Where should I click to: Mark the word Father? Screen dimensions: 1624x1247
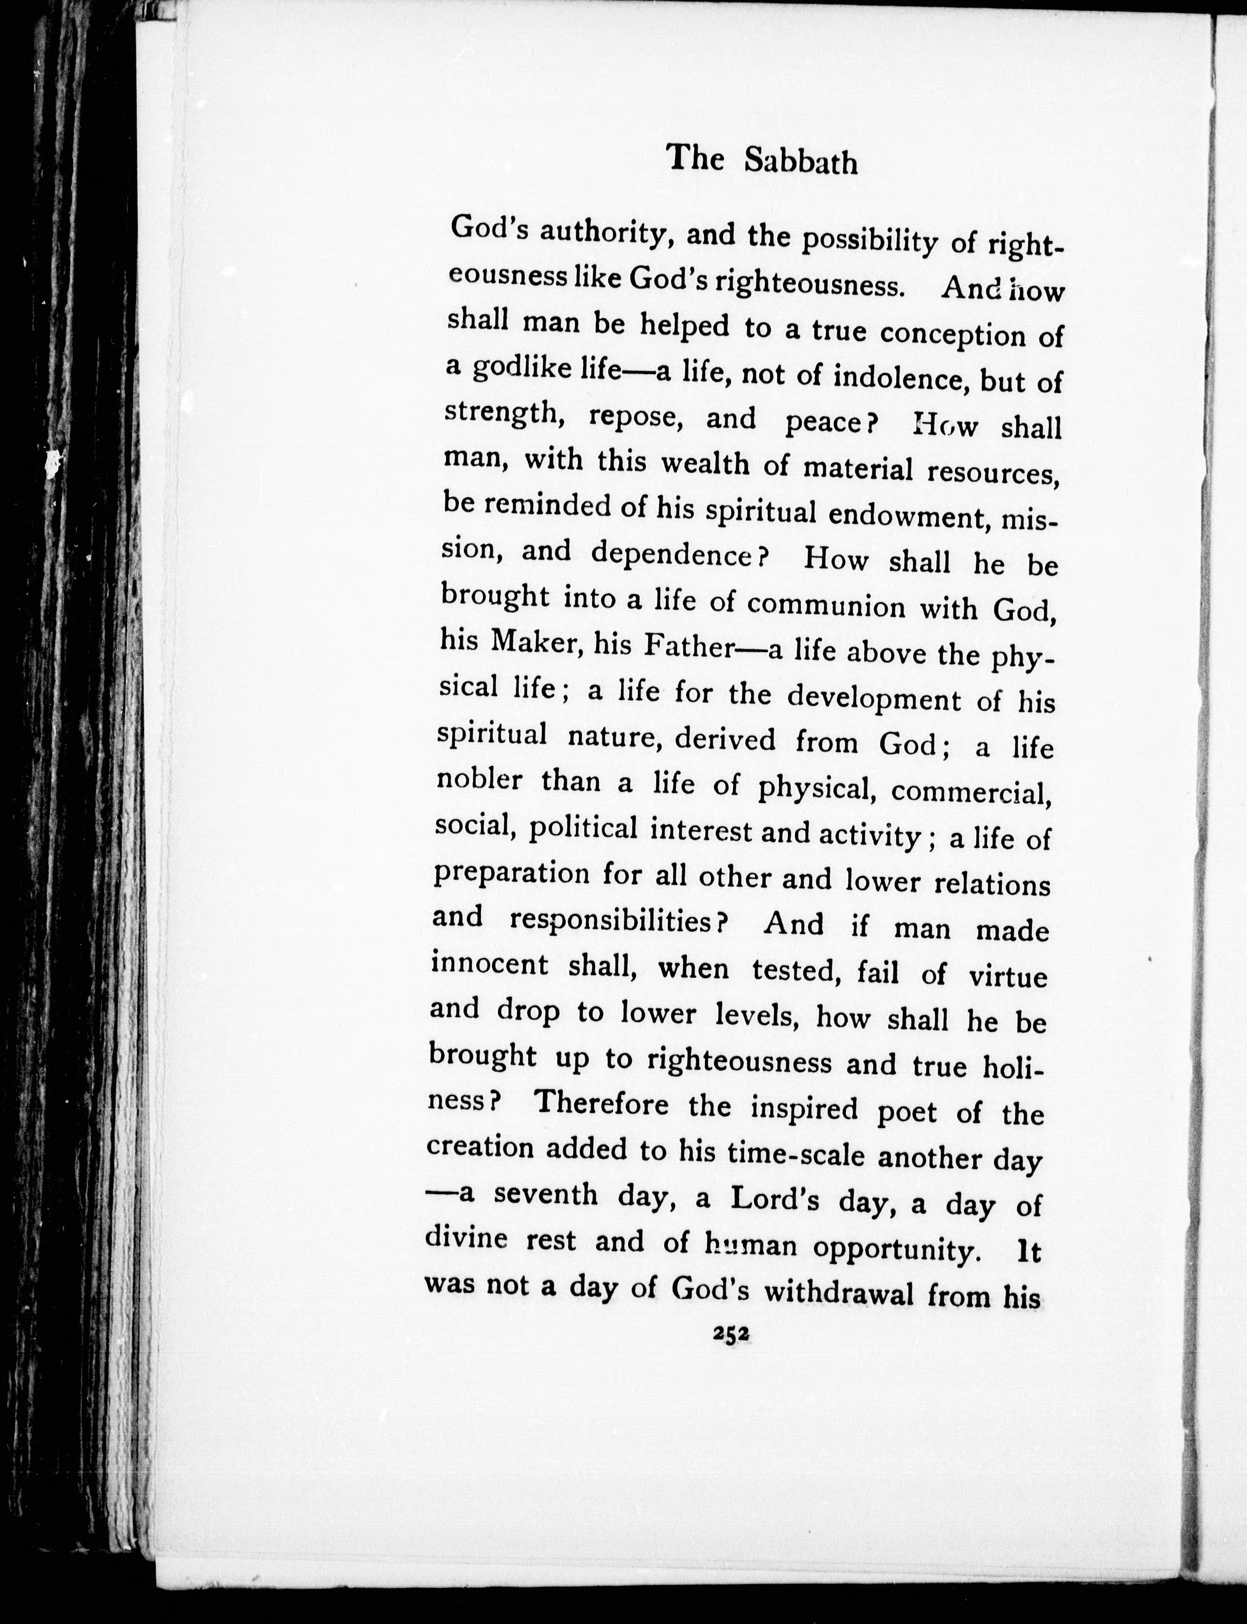[689, 648]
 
